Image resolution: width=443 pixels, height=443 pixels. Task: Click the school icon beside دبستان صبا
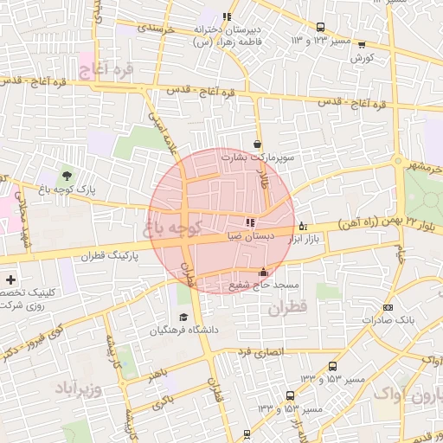pos(251,221)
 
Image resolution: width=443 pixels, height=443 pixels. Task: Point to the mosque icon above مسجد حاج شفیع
pos(263,273)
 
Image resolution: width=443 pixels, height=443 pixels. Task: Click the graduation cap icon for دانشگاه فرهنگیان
pos(183,318)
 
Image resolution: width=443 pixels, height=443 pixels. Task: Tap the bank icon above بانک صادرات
pos(387,306)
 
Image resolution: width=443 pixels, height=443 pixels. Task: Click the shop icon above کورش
pos(361,45)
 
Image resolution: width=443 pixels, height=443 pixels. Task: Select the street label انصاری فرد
pos(260,352)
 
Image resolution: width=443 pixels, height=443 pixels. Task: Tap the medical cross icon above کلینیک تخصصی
pos(10,279)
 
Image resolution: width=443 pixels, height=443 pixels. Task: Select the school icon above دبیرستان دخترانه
pos(227,16)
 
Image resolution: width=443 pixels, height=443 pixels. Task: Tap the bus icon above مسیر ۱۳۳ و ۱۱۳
pos(321,27)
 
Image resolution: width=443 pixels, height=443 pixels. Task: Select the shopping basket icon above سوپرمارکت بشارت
pos(257,144)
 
